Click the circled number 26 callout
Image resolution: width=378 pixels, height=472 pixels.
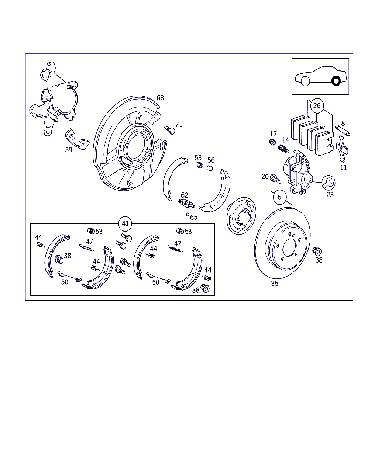(317, 106)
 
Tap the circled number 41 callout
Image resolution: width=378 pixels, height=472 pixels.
(125, 223)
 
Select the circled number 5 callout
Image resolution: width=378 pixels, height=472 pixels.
(279, 197)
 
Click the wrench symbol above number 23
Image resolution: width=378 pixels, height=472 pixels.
(329, 183)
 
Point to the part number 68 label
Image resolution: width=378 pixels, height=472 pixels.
(160, 98)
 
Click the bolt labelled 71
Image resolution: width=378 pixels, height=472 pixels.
(169, 130)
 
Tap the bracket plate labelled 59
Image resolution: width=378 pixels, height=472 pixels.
(77, 139)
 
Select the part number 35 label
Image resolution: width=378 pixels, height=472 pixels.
(275, 283)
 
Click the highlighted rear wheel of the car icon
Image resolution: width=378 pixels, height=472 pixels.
(336, 81)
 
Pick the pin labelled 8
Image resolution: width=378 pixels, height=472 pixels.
(343, 130)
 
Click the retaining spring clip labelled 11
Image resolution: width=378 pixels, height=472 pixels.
(342, 149)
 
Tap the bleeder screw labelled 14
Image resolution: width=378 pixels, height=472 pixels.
(284, 149)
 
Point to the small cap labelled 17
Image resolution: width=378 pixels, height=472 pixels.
(272, 142)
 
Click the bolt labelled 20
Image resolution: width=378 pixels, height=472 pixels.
(275, 178)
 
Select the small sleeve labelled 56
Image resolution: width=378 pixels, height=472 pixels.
(210, 168)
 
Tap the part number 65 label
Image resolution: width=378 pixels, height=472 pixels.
(194, 217)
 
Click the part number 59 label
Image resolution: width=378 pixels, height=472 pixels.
(69, 150)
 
